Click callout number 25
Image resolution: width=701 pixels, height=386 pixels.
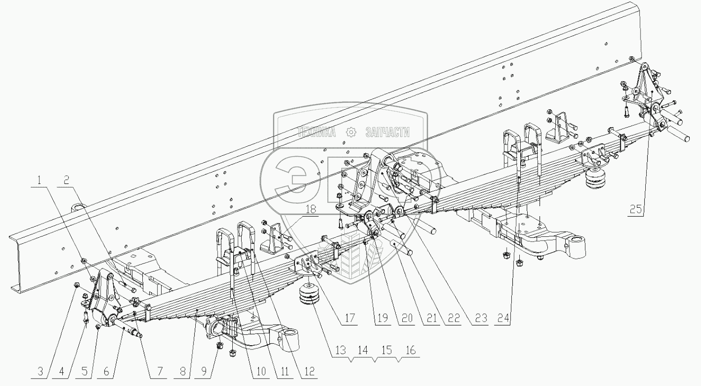point(635,209)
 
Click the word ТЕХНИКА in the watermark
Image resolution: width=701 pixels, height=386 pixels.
point(317,133)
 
